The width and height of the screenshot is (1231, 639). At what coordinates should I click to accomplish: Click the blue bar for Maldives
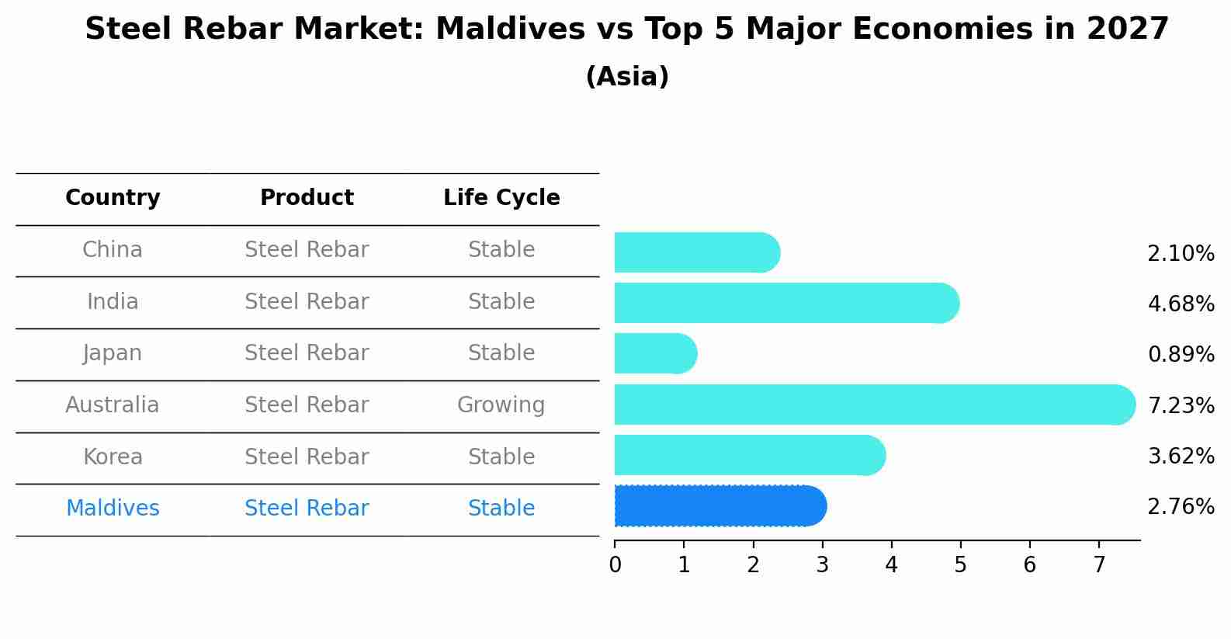point(720,506)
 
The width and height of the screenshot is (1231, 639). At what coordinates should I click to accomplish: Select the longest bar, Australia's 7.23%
point(875,405)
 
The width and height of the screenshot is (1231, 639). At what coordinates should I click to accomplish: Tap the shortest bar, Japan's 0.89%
point(656,353)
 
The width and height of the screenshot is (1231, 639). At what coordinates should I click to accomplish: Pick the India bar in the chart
point(787,303)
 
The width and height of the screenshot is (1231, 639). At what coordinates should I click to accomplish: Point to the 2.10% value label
point(1181,254)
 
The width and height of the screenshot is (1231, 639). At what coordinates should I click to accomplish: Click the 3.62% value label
point(1181,456)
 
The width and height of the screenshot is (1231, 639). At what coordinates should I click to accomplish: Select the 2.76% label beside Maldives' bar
point(1181,506)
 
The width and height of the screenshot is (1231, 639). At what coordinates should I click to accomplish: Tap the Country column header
point(113,197)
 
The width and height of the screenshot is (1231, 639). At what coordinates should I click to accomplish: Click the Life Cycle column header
point(501,197)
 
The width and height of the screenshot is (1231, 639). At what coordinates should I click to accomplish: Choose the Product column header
point(307,197)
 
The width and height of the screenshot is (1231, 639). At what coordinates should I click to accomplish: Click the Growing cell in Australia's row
point(501,405)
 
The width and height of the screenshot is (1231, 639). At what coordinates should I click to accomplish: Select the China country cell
point(113,250)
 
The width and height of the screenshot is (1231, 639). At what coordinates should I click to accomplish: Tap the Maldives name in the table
point(113,508)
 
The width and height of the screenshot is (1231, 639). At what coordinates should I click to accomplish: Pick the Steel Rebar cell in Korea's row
point(307,457)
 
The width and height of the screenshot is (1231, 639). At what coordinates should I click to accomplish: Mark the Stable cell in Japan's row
point(501,353)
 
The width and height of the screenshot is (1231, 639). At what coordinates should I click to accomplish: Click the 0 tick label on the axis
point(615,564)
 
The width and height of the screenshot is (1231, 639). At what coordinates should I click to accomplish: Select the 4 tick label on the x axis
point(891,564)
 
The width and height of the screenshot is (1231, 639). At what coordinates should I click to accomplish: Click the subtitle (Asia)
point(628,76)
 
